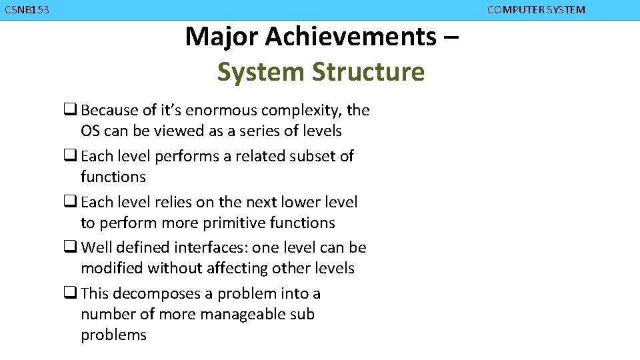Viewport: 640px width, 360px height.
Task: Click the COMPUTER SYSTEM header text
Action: coord(536,10)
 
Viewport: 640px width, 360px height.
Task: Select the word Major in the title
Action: coord(221,37)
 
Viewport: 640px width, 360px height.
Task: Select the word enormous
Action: coord(224,110)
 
